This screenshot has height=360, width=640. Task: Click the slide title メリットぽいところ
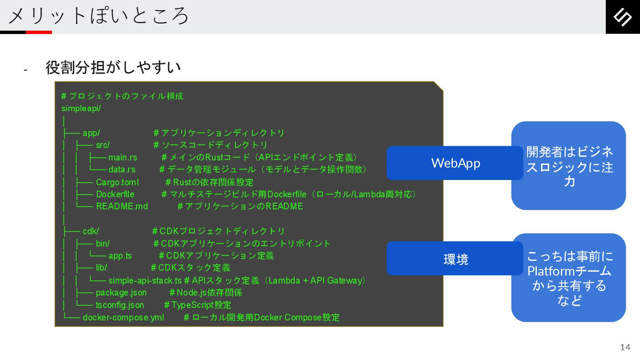[x=99, y=16]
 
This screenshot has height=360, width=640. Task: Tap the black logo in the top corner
[x=623, y=17]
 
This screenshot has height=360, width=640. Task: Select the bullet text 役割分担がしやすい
[x=113, y=68]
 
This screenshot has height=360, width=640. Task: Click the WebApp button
[x=455, y=163]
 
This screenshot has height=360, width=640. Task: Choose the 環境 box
[x=455, y=259]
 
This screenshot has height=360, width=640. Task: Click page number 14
[x=625, y=347]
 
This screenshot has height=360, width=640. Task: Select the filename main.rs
[x=123, y=158]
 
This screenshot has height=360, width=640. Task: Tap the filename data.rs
[x=122, y=170]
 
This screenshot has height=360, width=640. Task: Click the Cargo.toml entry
[x=117, y=182]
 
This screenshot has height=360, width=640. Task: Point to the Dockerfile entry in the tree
[x=115, y=194]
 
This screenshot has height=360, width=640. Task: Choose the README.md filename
[x=122, y=206]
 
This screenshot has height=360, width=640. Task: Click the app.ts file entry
[x=120, y=256]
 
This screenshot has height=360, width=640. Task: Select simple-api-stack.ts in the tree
[x=145, y=280]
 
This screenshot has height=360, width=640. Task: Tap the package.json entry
[x=121, y=293]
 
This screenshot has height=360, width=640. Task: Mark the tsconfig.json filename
[x=120, y=305]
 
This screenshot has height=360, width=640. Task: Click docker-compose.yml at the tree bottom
[x=123, y=317]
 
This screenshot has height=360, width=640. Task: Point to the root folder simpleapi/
[x=81, y=108]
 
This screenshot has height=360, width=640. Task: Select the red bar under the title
[x=39, y=32]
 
